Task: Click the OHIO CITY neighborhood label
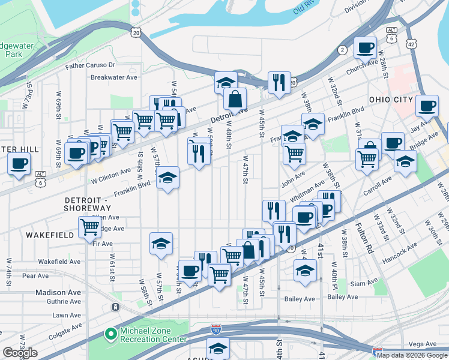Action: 391,99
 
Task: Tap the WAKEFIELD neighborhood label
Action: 50,235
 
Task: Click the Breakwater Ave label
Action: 114,77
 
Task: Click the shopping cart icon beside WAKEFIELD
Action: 89,227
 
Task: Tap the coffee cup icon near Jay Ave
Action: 427,106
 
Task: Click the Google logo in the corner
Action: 20,353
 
